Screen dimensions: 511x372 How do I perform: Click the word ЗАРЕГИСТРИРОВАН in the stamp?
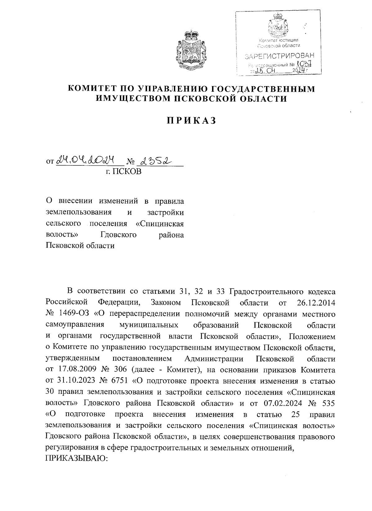click(279, 56)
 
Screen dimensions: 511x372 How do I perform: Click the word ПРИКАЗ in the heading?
click(191, 121)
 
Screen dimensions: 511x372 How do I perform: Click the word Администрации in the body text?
click(214, 359)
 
